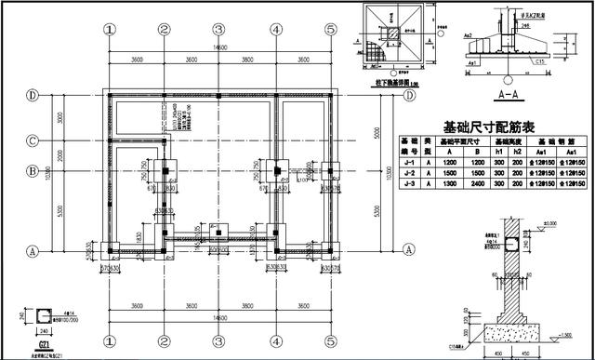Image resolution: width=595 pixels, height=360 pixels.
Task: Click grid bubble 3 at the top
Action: point(218,29)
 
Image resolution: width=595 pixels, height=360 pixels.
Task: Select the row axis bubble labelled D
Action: point(32,95)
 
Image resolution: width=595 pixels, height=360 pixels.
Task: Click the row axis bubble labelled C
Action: point(32,141)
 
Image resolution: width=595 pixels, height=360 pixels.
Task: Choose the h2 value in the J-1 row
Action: point(517,164)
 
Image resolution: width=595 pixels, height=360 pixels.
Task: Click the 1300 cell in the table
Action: point(448,186)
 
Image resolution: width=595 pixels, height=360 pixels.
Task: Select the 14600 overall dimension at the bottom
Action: point(219,318)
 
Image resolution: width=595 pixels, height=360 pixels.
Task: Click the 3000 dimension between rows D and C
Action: point(59,118)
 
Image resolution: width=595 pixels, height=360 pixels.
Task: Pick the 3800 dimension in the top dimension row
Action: point(246,60)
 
